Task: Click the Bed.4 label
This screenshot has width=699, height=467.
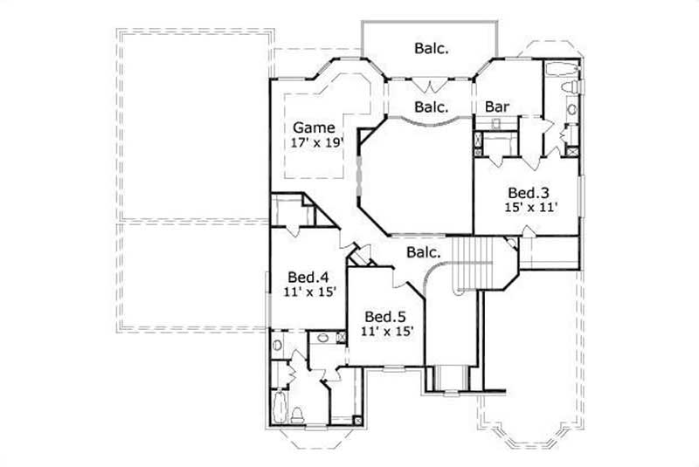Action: coord(308,278)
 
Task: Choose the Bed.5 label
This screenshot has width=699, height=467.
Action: coord(385,316)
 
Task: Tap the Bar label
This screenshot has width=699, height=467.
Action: coord(497,107)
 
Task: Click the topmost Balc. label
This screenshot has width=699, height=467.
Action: coord(431,50)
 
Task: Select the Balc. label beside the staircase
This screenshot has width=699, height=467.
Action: coord(423,253)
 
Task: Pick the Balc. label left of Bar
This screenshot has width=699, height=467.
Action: coord(431,107)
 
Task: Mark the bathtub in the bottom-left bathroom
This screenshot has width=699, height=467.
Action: coord(280,408)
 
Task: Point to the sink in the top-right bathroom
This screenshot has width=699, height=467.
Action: coord(571,109)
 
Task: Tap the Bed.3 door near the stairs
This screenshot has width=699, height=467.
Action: coord(527,230)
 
